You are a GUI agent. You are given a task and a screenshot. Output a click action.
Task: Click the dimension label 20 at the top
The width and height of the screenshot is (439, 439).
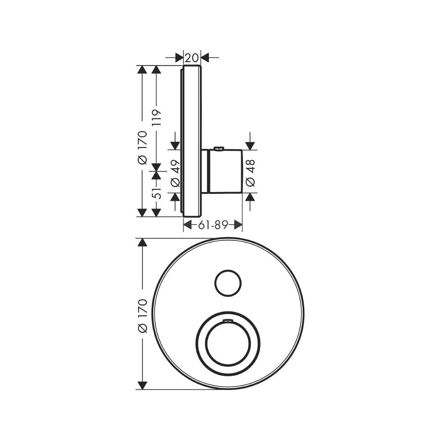click(192, 58)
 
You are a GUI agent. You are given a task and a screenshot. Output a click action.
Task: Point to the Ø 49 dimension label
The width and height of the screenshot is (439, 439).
click(175, 173)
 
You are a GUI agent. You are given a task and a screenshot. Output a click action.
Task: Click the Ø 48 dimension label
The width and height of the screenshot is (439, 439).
click(250, 173)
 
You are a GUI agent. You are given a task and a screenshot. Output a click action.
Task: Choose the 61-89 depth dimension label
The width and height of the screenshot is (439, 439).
click(213, 225)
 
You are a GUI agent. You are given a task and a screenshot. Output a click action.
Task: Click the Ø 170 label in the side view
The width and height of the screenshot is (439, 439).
click(143, 148)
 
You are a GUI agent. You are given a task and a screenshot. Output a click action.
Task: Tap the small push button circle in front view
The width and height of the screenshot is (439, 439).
click(228, 283)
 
